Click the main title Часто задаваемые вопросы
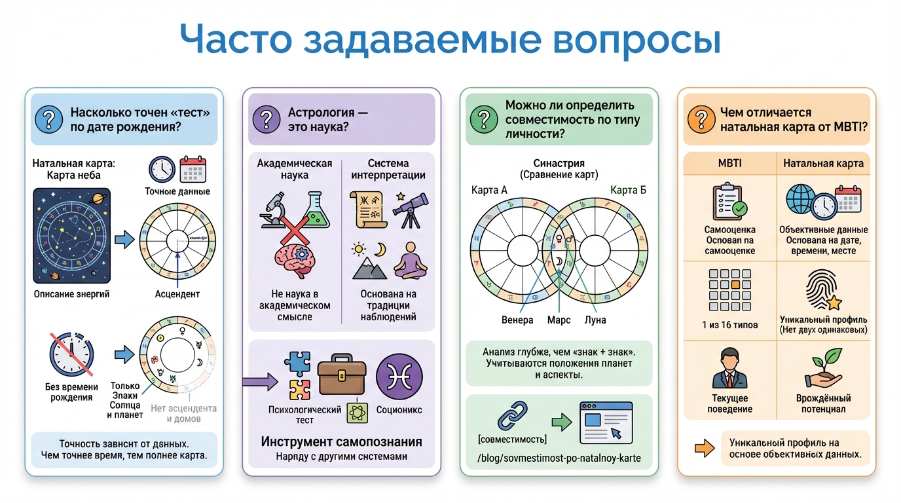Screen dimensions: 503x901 pos(450,41)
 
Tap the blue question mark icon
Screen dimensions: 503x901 pos(49,119)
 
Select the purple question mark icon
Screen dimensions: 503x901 pos(267,119)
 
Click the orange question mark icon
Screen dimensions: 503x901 pos(701,119)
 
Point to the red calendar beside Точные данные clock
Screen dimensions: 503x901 pos(193,169)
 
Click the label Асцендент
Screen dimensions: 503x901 pos(177,294)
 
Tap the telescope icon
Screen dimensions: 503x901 pos(410,208)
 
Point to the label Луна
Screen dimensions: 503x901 pos(595,320)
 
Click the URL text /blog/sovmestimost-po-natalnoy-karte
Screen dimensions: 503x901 pos(559,458)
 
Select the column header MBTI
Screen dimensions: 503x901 pos(729,163)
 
